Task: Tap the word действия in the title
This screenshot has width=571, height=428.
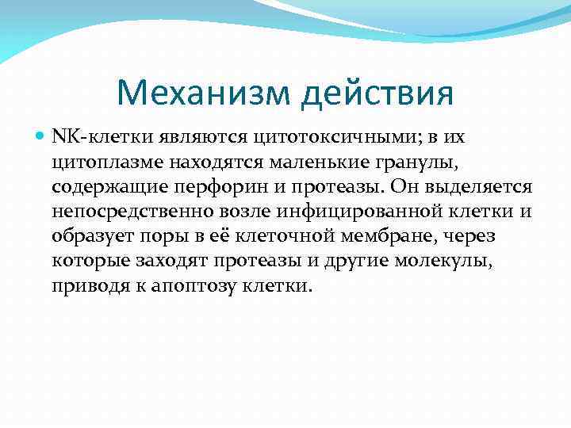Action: pyautogui.click(x=378, y=94)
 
